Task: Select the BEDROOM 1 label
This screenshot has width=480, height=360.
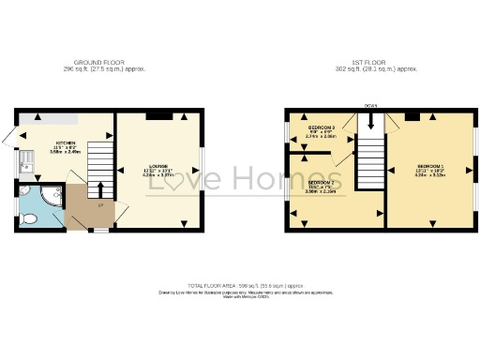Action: tap(430, 165)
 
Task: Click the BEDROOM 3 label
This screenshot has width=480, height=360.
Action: tap(322, 127)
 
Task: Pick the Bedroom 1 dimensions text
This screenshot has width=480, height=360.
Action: tap(430, 172)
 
